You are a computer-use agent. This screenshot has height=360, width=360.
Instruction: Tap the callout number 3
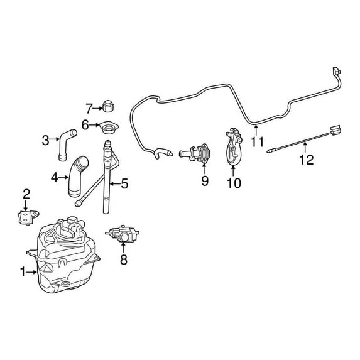[x=45, y=140]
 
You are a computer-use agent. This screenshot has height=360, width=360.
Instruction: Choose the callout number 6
[x=85, y=125]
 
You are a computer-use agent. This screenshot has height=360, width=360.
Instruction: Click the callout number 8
[x=123, y=259]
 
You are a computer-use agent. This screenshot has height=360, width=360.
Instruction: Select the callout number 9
[x=204, y=182]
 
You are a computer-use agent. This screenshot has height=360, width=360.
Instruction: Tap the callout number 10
[x=234, y=183]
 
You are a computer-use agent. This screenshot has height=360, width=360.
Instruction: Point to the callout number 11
[x=257, y=141]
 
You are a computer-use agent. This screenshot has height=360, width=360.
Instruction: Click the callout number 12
[x=306, y=160]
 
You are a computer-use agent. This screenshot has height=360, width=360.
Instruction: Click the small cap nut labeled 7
[x=107, y=107]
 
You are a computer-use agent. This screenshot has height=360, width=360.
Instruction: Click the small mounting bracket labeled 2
[x=25, y=218]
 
